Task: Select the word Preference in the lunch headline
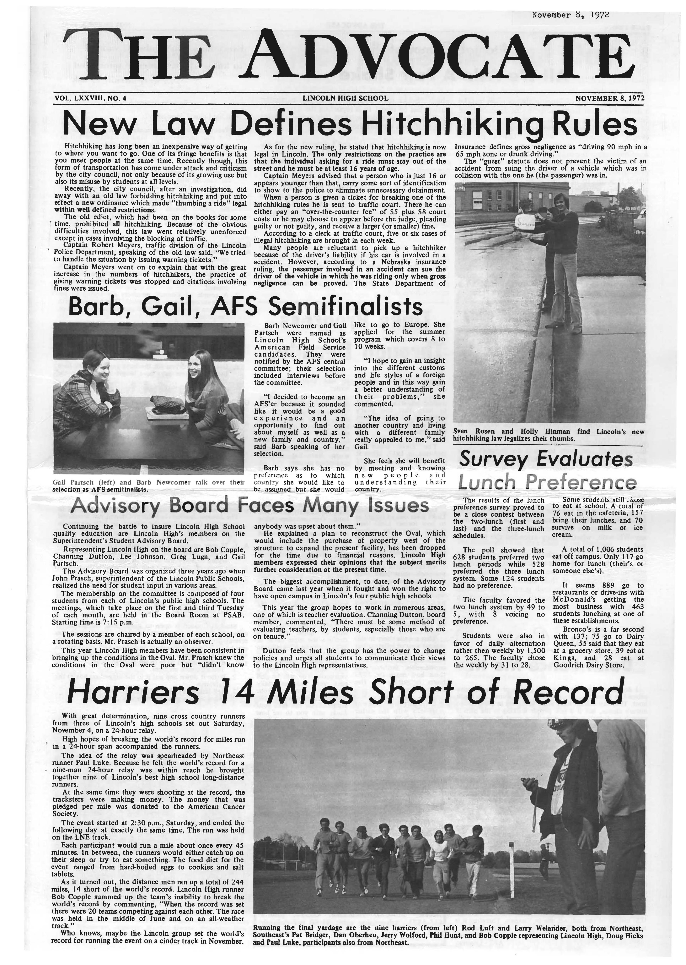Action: click(x=583, y=482)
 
